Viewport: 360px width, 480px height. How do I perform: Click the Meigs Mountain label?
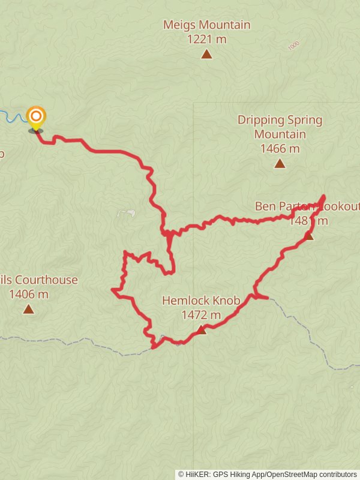(206, 25)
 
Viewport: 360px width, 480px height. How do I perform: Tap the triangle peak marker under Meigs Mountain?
(206, 55)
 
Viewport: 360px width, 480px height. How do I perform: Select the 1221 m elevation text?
(206, 39)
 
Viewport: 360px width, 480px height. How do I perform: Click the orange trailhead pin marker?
(36, 116)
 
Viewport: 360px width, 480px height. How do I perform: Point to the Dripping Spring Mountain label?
(280, 127)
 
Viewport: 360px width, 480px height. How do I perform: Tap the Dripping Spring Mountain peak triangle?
(280, 163)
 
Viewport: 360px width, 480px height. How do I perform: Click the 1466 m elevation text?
(280, 148)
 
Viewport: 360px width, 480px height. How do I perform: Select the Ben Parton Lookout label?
(307, 206)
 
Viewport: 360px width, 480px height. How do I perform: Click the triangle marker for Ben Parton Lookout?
(308, 236)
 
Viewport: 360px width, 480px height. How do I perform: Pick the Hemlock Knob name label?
(201, 301)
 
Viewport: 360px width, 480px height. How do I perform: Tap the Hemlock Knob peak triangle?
(201, 330)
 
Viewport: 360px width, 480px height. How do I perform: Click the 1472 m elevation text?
(201, 314)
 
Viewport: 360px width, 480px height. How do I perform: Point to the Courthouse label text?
(46, 280)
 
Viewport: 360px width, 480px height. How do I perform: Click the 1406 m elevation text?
(28, 294)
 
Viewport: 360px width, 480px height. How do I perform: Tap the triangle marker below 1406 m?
(28, 310)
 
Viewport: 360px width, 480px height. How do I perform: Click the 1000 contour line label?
(293, 46)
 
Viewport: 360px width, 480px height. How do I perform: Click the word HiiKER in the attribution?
(199, 475)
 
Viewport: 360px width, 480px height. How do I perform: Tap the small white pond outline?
(125, 213)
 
